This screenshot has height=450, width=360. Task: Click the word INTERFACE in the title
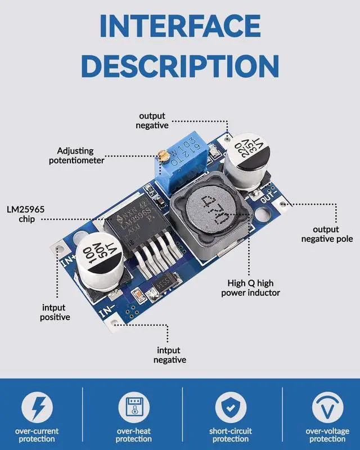click(180, 25)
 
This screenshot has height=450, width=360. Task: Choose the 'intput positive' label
click(55, 312)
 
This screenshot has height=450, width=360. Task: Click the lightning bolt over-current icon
click(37, 406)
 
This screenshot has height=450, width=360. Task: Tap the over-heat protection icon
click(133, 406)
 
